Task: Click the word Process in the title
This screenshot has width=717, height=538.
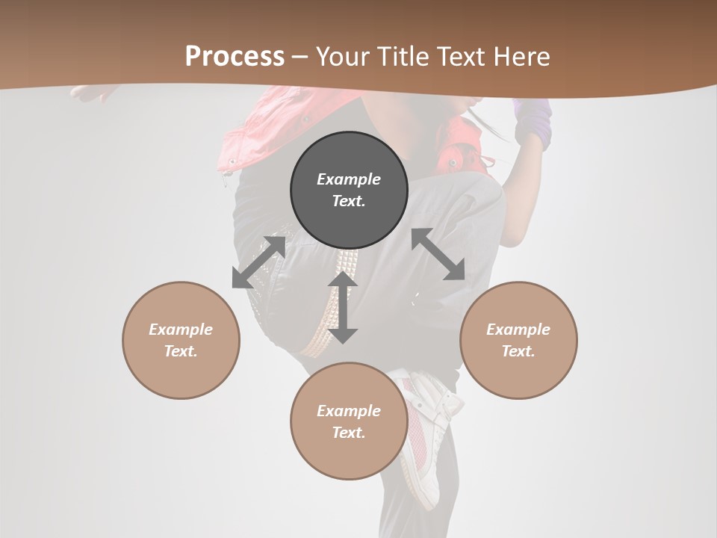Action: click(235, 57)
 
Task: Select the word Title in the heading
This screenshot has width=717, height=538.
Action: click(404, 57)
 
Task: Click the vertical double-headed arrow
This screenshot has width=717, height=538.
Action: click(343, 307)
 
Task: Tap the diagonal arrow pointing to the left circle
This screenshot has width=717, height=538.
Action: click(258, 262)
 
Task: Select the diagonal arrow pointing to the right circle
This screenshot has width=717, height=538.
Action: click(438, 254)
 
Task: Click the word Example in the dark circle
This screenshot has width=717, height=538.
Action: click(349, 179)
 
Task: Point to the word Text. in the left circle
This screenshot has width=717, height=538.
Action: click(181, 351)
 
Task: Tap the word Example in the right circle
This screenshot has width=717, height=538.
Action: click(518, 330)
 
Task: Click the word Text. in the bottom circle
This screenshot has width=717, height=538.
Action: click(349, 433)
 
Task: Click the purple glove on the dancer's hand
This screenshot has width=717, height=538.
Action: click(534, 123)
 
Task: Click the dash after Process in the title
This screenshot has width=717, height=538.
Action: click(299, 57)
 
